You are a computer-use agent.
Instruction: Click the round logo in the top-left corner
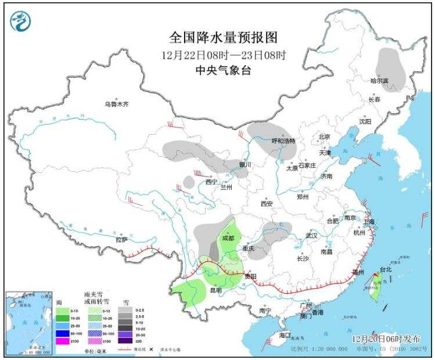click(20, 22)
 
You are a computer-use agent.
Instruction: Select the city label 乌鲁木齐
click(116, 105)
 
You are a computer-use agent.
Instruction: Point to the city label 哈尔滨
click(380, 81)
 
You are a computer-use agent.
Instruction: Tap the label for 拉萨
click(121, 239)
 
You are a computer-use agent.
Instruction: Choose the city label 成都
click(228, 238)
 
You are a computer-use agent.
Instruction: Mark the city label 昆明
click(215, 290)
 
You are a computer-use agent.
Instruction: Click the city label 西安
click(267, 204)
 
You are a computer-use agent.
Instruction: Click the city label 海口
click(284, 335)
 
